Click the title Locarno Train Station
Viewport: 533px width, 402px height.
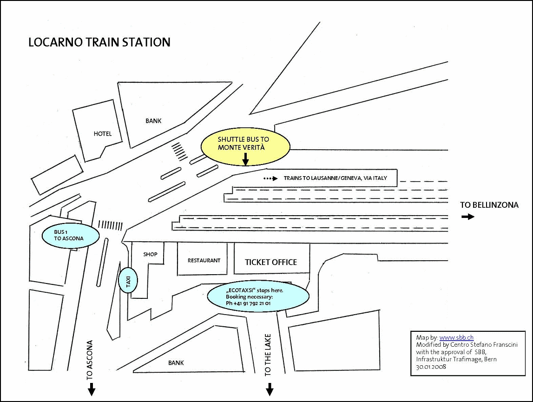pos(99,42)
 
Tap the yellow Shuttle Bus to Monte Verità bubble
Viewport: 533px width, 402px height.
pos(245,146)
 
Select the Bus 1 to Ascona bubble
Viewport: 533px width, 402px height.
pos(70,235)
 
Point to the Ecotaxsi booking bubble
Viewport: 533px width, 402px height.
pos(258,297)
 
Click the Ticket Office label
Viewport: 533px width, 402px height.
pos(271,262)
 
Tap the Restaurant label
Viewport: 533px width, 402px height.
pos(204,260)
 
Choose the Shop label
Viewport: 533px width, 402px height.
pos(150,254)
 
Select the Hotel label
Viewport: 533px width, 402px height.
pos(103,134)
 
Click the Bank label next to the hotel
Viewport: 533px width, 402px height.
pos(153,121)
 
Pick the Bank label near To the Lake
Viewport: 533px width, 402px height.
pos(176,362)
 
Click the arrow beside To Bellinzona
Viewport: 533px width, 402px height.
pos(467,217)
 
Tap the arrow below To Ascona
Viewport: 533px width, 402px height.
pos(92,389)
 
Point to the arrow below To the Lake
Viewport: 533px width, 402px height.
pos(269,389)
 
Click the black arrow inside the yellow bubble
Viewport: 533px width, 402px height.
pos(245,159)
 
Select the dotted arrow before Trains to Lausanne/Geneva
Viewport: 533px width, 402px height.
pos(270,178)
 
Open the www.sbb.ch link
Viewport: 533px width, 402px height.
pos(456,338)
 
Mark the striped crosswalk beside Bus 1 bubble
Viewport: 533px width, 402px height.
pos(111,225)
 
